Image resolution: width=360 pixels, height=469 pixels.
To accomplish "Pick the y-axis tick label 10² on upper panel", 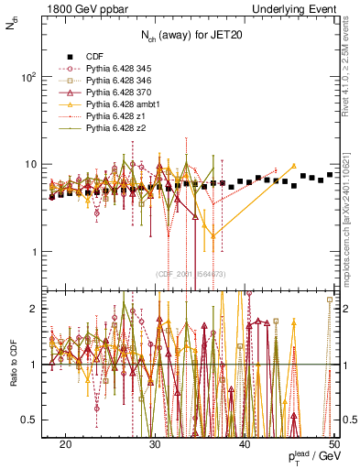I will click(x=29, y=77).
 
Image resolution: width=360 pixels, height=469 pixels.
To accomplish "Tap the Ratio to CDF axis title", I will click(x=13, y=365).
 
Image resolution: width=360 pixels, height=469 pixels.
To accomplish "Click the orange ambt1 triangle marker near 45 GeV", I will click(x=293, y=166).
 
